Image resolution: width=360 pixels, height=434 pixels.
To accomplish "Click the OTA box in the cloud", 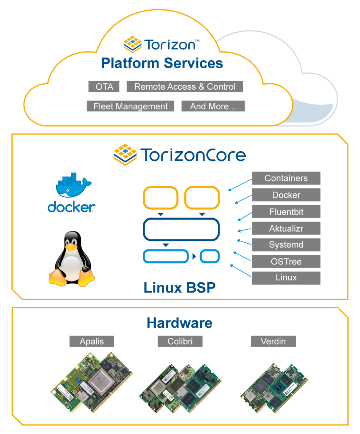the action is coord(104,87).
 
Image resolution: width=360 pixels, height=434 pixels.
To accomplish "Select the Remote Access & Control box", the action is coord(185,87).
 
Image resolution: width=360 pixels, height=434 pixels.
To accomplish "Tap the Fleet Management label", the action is coord(130,106).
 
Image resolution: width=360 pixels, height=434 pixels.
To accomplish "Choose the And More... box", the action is coord(213,106).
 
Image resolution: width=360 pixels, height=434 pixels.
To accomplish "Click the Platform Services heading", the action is coord(162,63).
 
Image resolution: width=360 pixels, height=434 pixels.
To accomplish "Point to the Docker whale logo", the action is coord(73,185).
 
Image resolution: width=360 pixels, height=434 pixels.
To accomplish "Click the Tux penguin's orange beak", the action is coord(71,247).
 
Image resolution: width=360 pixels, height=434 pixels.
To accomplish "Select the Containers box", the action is coord(286,178).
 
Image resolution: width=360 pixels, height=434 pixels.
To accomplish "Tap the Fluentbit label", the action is coord(286,212).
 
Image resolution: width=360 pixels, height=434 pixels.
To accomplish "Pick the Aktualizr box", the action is coord(286,228).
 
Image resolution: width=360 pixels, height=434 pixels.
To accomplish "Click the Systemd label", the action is coord(286,245).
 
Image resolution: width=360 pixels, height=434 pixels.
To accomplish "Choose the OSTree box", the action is coord(286,261).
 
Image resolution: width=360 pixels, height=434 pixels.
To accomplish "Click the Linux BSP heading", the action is coord(179,288).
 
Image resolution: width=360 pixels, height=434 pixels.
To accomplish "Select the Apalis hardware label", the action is coord(92,341).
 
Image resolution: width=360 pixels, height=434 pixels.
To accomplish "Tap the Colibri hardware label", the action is coord(180,341).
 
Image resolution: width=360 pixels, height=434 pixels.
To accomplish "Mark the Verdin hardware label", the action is coord(273,341).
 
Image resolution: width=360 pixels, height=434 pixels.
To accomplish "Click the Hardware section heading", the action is coord(179,323).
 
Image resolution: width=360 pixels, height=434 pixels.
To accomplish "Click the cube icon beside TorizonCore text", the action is coord(125,154).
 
